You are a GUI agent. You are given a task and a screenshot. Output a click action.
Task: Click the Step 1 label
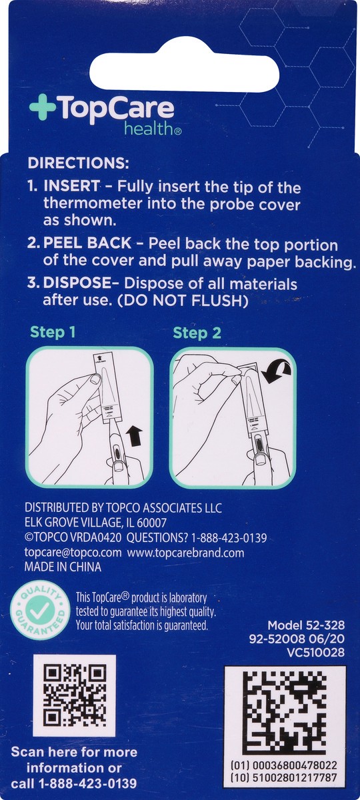click(57, 333)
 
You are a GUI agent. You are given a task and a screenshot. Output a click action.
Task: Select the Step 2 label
click(197, 333)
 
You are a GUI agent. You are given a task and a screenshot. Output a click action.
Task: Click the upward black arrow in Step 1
click(135, 437)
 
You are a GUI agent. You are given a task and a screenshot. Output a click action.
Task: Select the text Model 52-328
click(306, 625)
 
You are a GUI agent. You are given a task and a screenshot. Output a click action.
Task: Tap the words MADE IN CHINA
click(63, 567)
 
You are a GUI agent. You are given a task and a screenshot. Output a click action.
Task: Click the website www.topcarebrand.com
click(186, 553)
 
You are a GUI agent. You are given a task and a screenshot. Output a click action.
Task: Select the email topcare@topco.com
click(73, 553)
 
